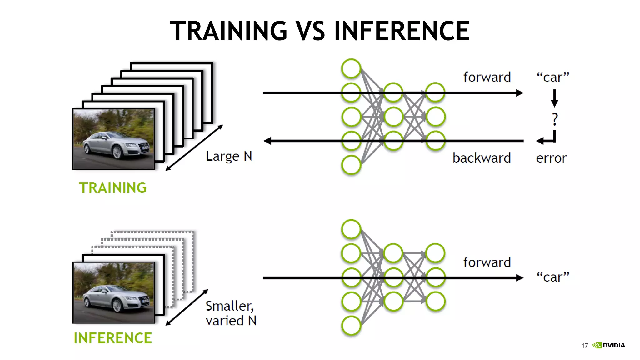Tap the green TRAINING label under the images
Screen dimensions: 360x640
(x=112, y=188)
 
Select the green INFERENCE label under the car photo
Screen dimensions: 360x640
(x=113, y=338)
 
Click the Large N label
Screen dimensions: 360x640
(x=229, y=156)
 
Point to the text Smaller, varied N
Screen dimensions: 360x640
(x=231, y=313)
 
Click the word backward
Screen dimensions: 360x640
(x=482, y=158)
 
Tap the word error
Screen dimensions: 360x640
(x=551, y=158)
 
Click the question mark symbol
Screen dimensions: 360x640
(x=555, y=119)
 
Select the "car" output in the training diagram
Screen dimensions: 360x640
(x=553, y=77)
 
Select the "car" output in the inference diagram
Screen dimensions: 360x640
(x=553, y=277)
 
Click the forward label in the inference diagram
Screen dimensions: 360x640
(x=487, y=262)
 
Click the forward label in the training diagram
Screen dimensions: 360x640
(x=487, y=77)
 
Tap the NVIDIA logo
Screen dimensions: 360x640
(x=609, y=345)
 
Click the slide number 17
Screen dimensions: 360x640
(x=585, y=346)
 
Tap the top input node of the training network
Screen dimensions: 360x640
(x=351, y=68)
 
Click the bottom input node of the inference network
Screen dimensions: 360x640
(x=351, y=326)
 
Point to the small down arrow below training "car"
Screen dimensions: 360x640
(x=555, y=98)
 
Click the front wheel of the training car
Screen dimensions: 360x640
(x=117, y=152)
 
